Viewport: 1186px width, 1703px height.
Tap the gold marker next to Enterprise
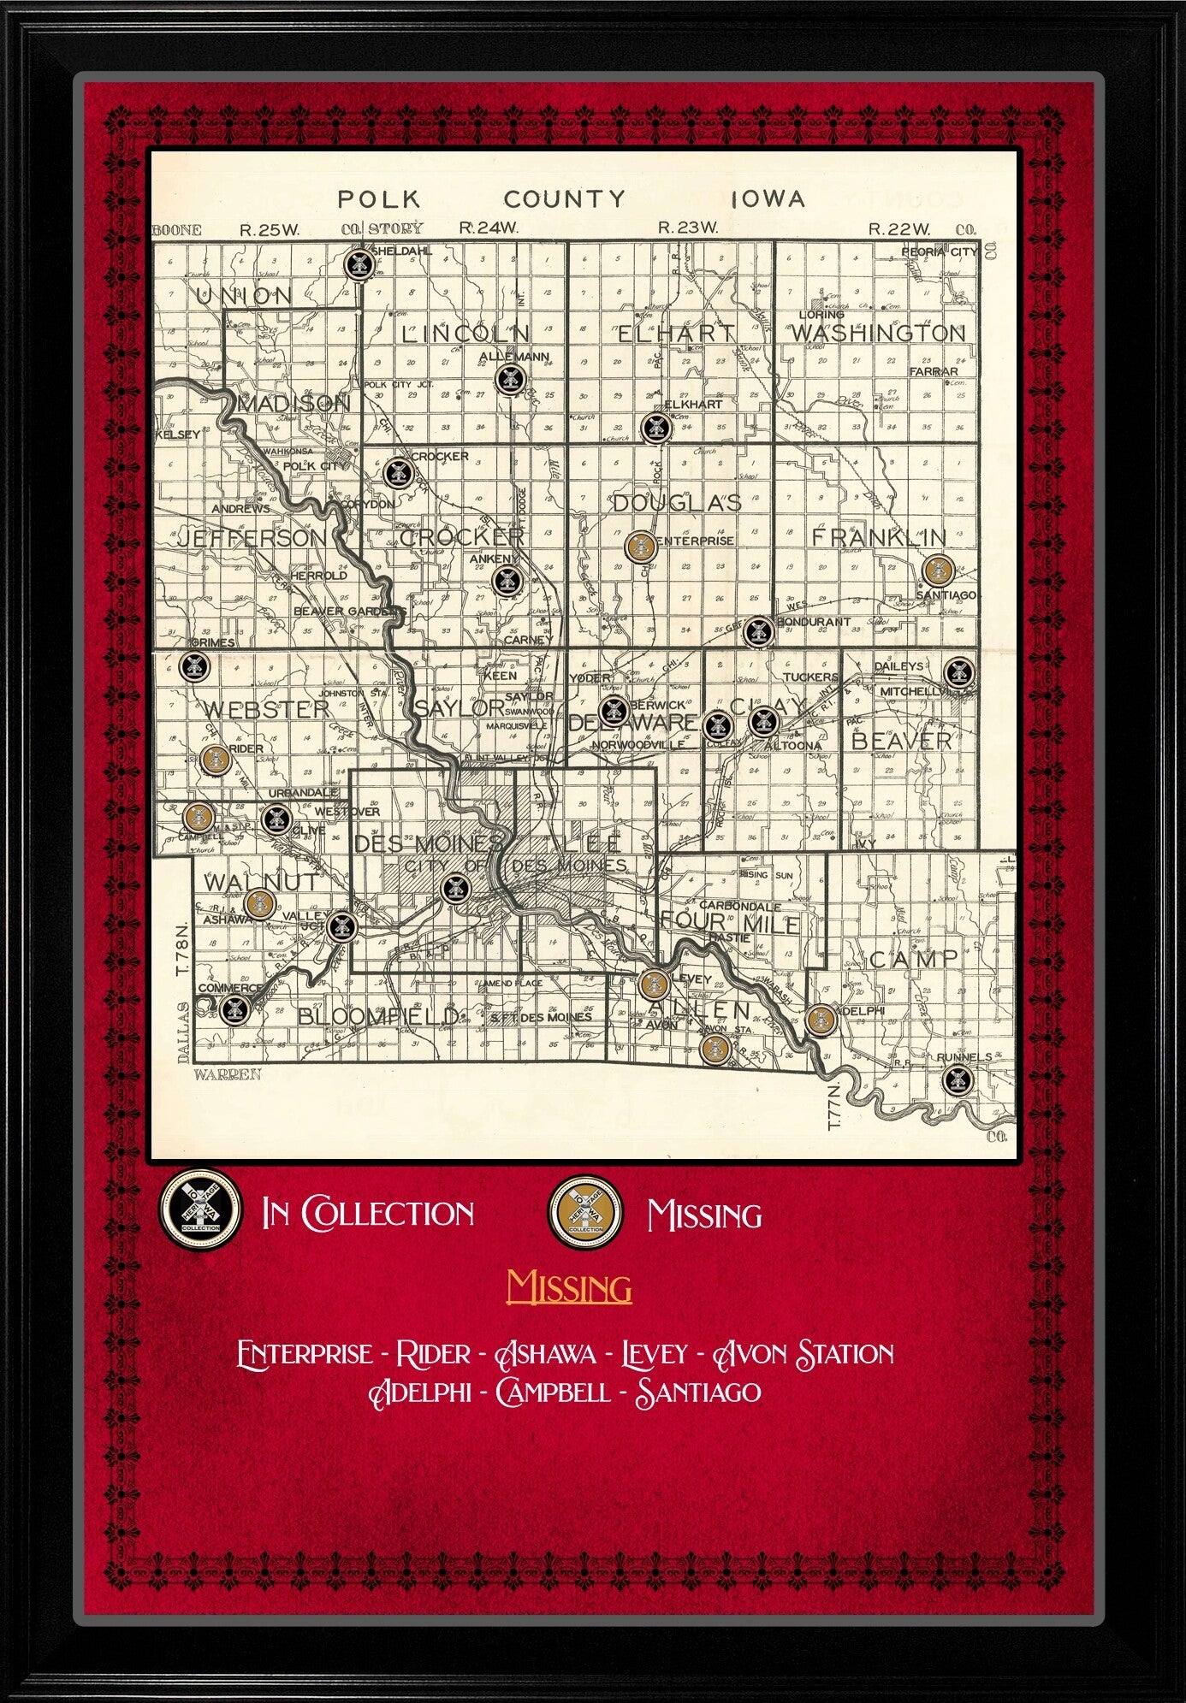click(x=640, y=545)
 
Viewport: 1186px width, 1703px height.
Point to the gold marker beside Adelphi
click(x=821, y=1019)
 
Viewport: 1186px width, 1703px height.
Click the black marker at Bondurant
click(x=757, y=632)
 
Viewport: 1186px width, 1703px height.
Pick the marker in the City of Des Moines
click(x=454, y=889)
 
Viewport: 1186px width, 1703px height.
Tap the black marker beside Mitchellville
click(x=958, y=671)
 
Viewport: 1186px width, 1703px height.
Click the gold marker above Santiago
click(x=939, y=569)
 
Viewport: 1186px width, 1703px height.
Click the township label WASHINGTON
click(x=878, y=333)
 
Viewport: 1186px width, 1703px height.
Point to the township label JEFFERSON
click(x=252, y=538)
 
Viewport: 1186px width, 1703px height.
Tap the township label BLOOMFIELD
click(x=378, y=1016)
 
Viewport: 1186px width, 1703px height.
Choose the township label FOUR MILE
click(x=730, y=923)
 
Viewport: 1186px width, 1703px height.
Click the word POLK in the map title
click(x=379, y=200)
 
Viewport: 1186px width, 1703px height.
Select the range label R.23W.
click(x=687, y=228)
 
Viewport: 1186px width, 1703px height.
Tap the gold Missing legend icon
click(x=586, y=1212)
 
